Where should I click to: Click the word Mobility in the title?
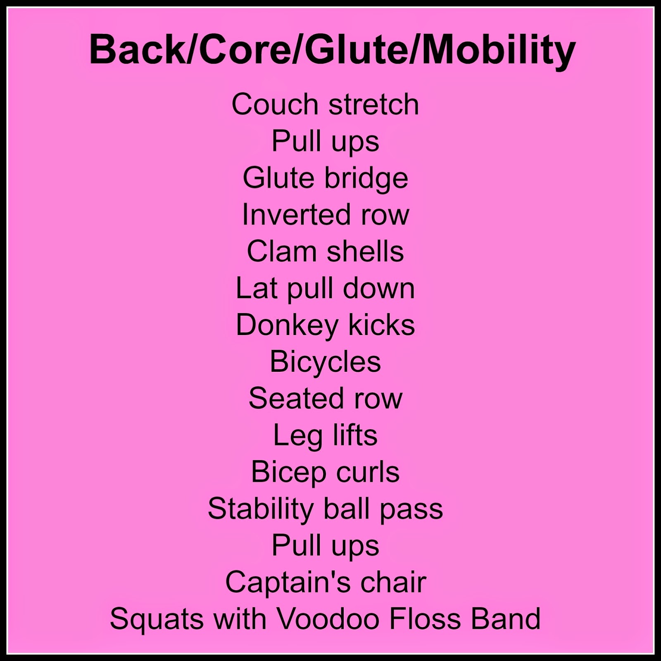(498, 51)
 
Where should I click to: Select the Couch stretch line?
(325, 104)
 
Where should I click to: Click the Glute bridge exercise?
(326, 178)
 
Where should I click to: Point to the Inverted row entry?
(326, 214)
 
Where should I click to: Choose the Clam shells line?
(326, 251)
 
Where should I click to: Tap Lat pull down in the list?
(326, 288)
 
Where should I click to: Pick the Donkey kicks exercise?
(326, 326)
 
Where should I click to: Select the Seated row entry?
(326, 398)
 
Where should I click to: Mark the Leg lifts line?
(326, 436)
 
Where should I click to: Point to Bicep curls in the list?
(326, 473)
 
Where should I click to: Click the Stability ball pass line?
(326, 509)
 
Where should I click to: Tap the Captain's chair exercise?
(326, 583)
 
